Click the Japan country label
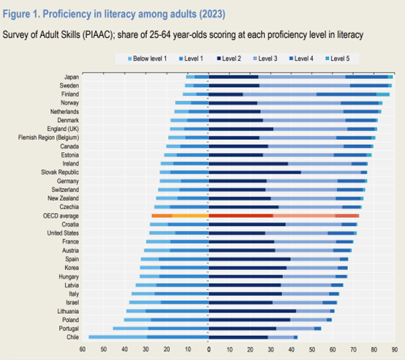[x=72, y=77]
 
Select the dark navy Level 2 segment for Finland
[x=226, y=94]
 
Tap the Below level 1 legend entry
[x=148, y=59]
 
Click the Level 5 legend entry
[x=337, y=59]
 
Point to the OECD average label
[x=61, y=216]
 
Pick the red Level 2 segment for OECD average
[x=241, y=216]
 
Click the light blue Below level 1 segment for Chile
[x=118, y=337]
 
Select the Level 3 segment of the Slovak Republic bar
[x=331, y=173]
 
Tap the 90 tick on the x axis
[x=395, y=350]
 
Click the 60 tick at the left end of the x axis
[x=83, y=350]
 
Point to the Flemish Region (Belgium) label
[x=48, y=138]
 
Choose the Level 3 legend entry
[x=265, y=59]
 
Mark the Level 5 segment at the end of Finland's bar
[x=383, y=94]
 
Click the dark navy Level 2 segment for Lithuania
[x=252, y=311]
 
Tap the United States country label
[x=63, y=233]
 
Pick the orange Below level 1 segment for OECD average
[x=162, y=216]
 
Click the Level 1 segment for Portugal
[x=178, y=329]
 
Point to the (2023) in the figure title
[x=212, y=14]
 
